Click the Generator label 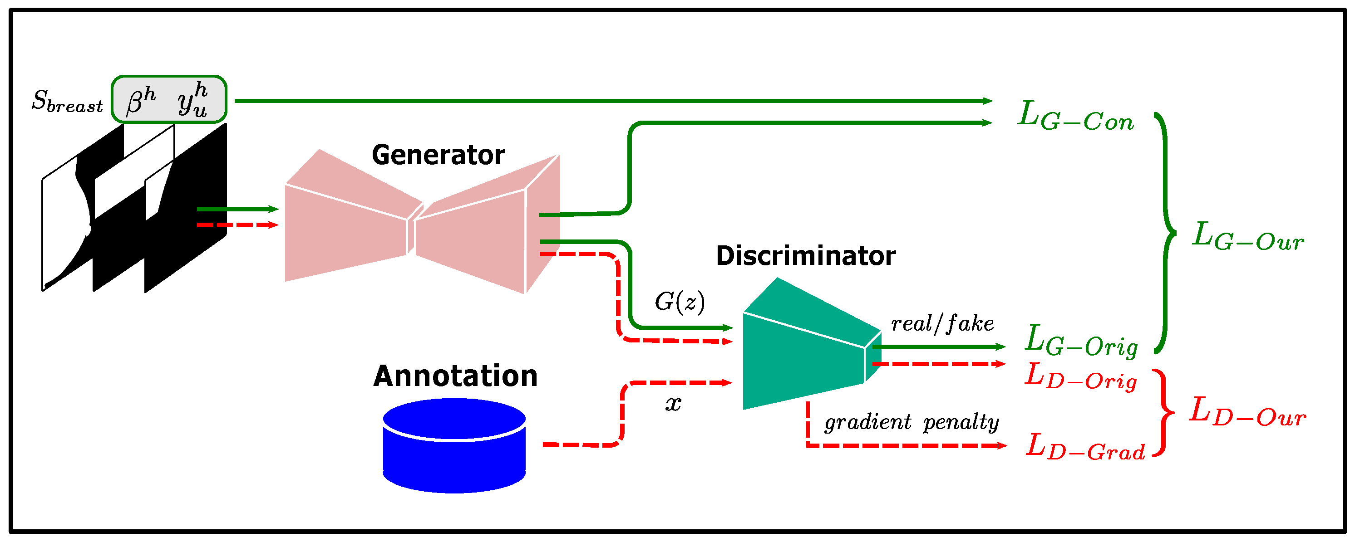(438, 155)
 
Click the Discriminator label (805, 256)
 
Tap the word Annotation (455, 376)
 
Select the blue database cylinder (454, 446)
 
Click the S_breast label (67, 101)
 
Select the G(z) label (679, 302)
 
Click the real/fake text (941, 323)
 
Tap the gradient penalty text (911, 422)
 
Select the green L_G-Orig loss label (1081, 341)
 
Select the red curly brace (1163, 413)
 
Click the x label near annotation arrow (673, 404)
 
